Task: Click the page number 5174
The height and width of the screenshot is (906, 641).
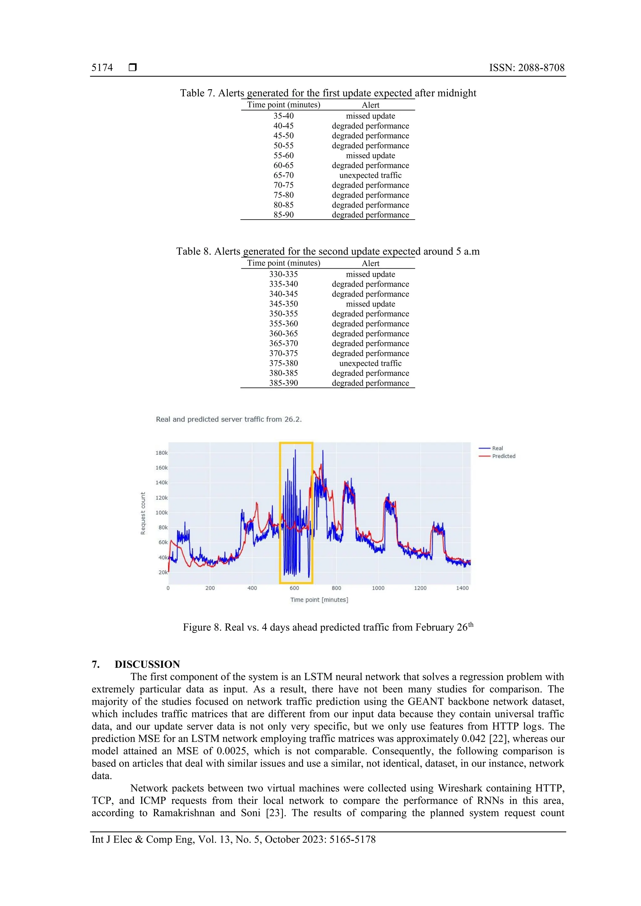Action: pos(102,68)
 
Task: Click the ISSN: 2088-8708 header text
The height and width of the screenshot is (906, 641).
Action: pos(526,68)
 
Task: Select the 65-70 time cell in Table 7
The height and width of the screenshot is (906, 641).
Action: pos(283,175)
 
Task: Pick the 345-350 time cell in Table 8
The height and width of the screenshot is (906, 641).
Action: pos(283,304)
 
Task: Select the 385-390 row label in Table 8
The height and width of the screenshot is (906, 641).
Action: pos(283,383)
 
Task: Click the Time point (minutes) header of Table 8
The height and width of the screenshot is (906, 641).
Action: pos(283,263)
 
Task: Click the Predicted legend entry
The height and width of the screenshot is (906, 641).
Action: pos(503,456)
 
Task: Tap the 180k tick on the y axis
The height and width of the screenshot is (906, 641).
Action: pos(162,453)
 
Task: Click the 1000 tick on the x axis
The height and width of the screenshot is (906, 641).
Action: pos(378,588)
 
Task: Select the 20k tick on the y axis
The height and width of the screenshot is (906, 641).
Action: pos(163,572)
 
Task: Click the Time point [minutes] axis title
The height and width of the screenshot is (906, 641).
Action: pos(319,600)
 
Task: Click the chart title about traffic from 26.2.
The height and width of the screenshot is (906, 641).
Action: pos(229,419)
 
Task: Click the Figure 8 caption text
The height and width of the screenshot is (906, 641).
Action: pos(327,627)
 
